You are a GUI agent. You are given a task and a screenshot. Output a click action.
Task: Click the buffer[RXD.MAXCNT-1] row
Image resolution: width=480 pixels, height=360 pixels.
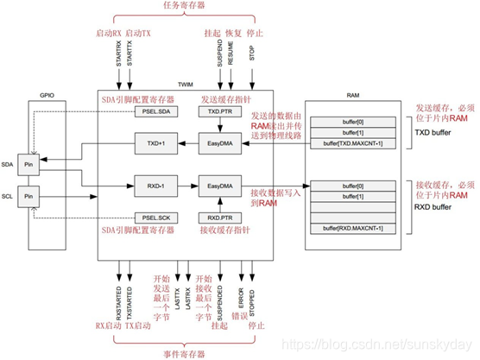(354, 227)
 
